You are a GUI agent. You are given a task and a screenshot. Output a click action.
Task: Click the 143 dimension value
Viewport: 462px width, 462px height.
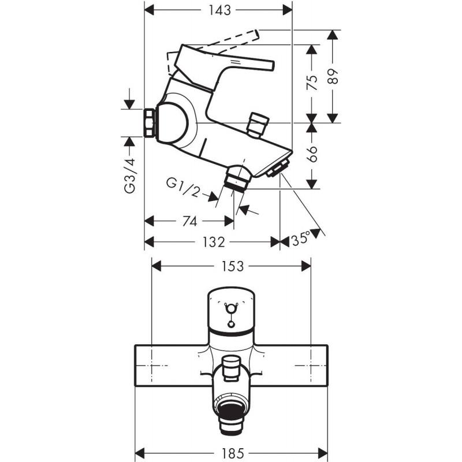click(219, 10)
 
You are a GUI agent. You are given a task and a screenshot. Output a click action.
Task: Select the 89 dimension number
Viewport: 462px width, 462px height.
click(333, 77)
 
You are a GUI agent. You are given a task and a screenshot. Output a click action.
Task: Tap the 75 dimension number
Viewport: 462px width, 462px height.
click(312, 82)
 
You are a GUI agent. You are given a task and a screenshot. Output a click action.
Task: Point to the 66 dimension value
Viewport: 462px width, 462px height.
click(312, 154)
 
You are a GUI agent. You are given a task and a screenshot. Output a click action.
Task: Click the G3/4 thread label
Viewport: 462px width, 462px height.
click(129, 176)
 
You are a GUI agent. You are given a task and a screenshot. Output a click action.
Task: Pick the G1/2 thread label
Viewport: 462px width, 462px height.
click(183, 187)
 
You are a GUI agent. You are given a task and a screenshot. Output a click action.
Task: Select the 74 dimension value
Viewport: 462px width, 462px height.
click(189, 221)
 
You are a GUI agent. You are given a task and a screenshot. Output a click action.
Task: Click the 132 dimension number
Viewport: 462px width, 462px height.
click(214, 242)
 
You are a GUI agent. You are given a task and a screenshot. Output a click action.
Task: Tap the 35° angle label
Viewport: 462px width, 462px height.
click(301, 239)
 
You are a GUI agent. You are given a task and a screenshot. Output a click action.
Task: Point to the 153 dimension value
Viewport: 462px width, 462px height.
click(232, 266)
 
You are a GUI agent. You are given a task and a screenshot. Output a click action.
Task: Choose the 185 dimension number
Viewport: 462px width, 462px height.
click(232, 453)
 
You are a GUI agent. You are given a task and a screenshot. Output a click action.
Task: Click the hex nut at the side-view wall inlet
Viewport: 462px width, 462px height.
click(150, 123)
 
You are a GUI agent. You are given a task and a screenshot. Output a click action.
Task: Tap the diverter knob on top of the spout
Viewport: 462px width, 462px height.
click(258, 124)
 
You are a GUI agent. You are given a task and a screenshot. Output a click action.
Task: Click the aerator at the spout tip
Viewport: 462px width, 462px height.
click(278, 169)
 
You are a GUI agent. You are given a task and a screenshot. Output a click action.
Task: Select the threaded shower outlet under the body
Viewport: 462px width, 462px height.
click(237, 181)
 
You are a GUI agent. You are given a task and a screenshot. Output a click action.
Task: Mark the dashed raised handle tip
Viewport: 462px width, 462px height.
click(256, 34)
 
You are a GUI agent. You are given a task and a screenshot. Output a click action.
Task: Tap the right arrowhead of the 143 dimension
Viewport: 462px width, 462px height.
click(287, 10)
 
